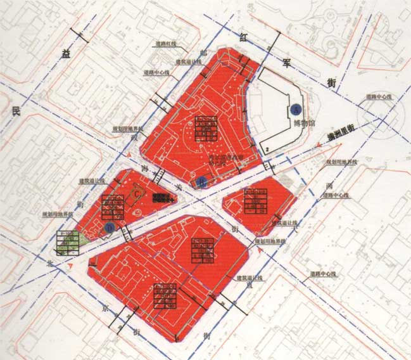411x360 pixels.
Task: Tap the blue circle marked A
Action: click(295, 109)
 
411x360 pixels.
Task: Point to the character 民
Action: click(17, 112)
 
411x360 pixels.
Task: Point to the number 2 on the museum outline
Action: click(269, 149)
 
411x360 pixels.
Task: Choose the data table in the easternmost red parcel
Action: click(258, 202)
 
